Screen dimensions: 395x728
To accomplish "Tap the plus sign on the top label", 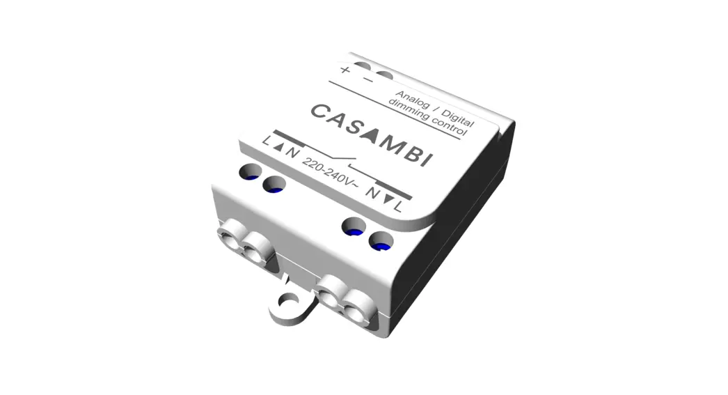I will [345, 69].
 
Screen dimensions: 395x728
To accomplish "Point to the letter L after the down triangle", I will [397, 205].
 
